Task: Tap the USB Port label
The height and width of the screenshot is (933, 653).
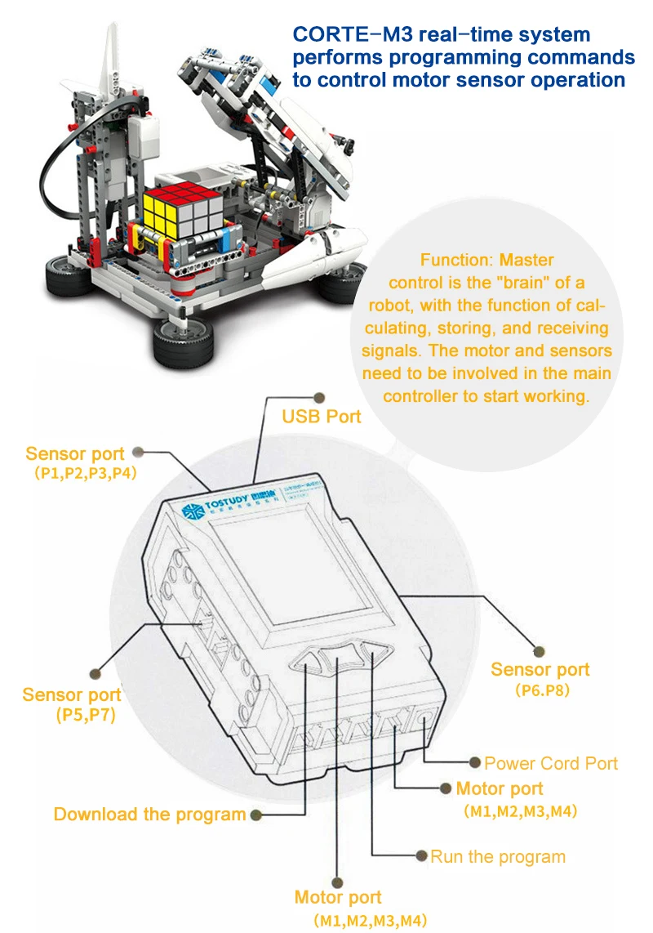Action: [x=321, y=417]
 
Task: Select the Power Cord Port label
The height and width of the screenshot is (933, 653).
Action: [x=551, y=764]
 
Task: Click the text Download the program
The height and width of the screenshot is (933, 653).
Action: [x=149, y=815]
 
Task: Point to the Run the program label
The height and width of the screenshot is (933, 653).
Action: [x=498, y=857]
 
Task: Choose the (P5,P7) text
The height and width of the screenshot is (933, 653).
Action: [x=84, y=715]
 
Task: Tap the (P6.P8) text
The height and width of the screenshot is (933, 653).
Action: [x=542, y=690]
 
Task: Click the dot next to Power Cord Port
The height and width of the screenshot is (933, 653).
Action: [x=475, y=762]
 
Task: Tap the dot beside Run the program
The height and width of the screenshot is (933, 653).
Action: [x=421, y=856]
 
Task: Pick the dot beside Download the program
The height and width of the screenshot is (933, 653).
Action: [x=256, y=815]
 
